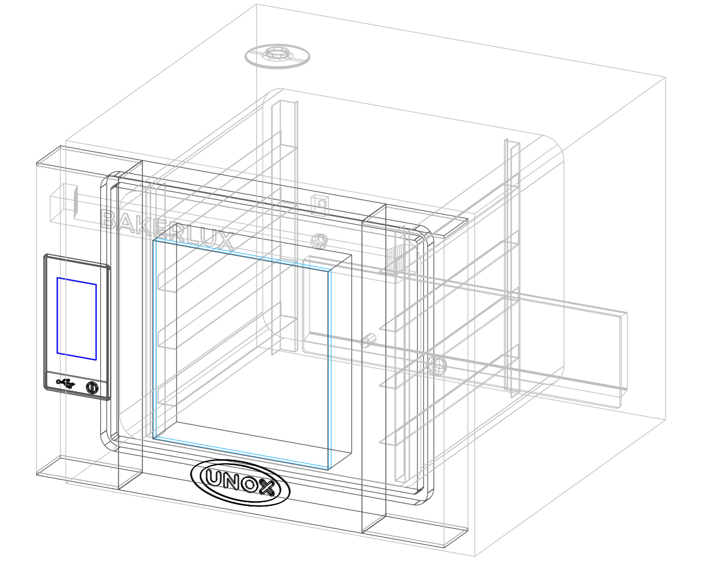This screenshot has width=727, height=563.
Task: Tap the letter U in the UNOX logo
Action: coord(214,477)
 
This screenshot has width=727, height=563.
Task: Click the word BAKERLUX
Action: coord(167,230)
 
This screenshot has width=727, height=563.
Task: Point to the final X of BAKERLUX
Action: coord(225,241)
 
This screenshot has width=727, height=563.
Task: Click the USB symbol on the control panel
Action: coord(66,383)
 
